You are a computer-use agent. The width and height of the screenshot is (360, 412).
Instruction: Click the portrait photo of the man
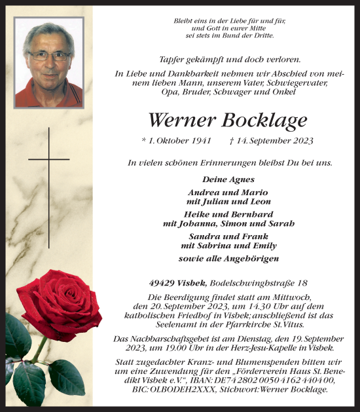point(49,62)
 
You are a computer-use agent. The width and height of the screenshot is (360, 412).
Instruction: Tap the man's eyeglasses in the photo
point(49,56)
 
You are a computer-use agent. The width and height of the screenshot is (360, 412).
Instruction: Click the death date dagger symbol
point(232,141)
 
